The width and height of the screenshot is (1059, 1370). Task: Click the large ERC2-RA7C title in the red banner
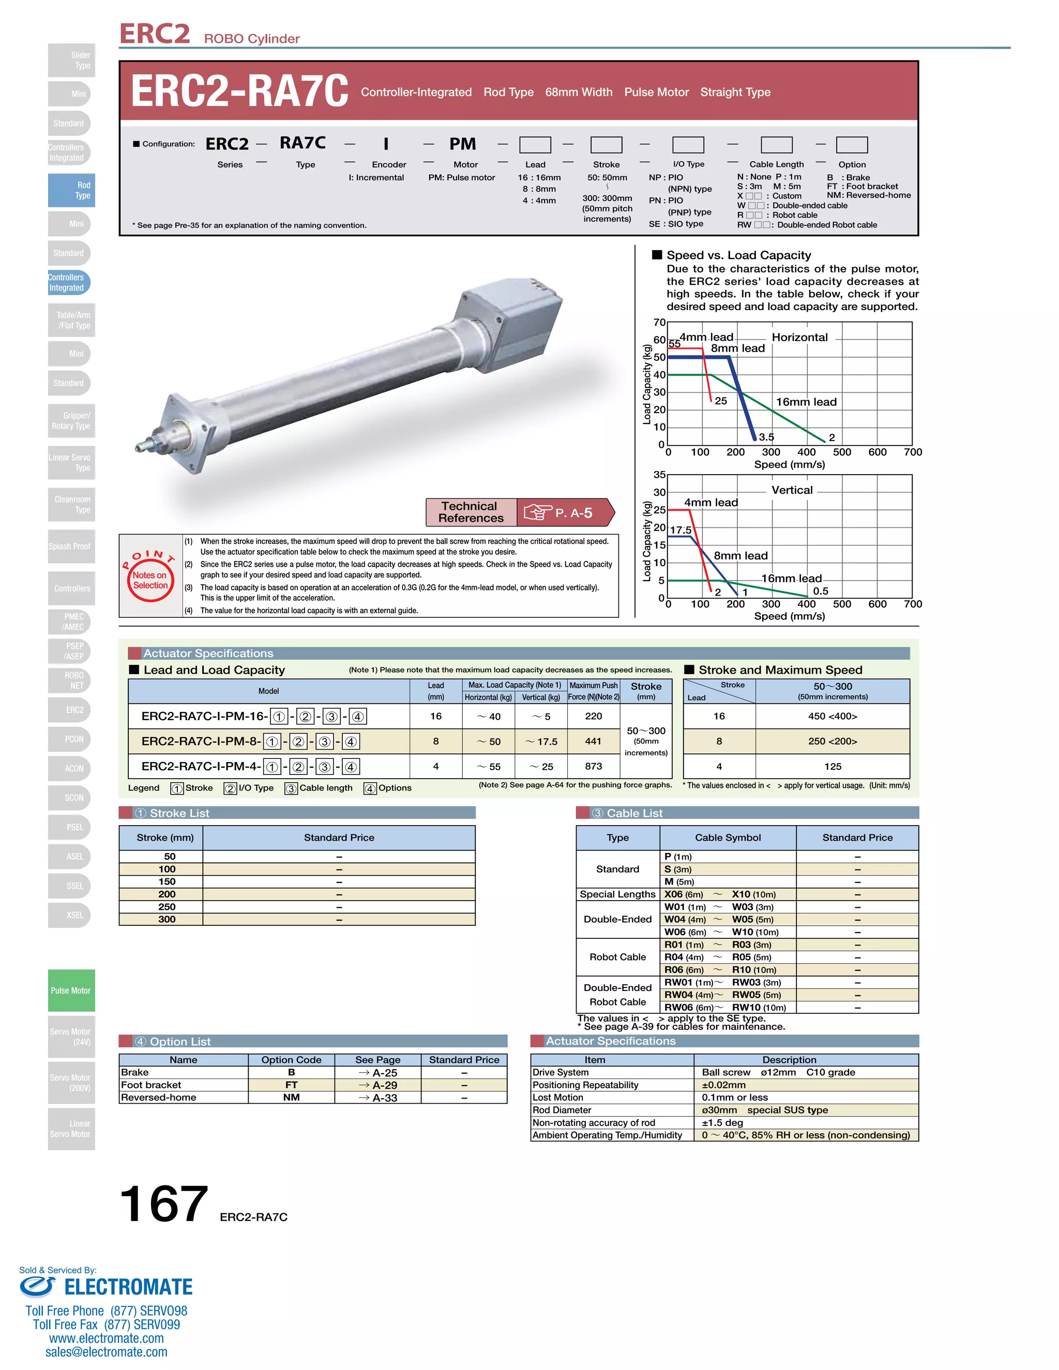[239, 92]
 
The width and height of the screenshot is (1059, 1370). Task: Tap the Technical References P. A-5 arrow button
[520, 512]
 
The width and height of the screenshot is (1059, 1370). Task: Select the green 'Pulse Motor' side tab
[71, 991]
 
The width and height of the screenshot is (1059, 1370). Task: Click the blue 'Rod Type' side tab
[71, 190]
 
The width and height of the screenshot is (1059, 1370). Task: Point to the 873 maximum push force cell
[593, 766]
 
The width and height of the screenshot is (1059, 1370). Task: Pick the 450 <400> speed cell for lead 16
[832, 716]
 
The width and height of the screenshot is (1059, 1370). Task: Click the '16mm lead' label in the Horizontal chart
[806, 402]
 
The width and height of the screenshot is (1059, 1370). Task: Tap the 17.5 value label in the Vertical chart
[680, 530]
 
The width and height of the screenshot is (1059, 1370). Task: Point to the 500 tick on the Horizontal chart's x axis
[841, 452]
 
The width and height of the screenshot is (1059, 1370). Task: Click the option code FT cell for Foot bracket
[291, 1085]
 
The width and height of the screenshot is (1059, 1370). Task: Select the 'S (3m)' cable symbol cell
[678, 869]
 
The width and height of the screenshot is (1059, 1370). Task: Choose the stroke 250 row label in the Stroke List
[167, 906]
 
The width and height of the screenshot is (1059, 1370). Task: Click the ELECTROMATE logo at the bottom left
[107, 1287]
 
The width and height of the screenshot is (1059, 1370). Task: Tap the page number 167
[163, 1204]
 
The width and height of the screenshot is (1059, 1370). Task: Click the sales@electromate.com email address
[106, 1352]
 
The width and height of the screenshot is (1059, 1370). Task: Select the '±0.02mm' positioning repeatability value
[724, 1085]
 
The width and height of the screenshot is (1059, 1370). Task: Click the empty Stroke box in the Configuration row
[606, 145]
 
